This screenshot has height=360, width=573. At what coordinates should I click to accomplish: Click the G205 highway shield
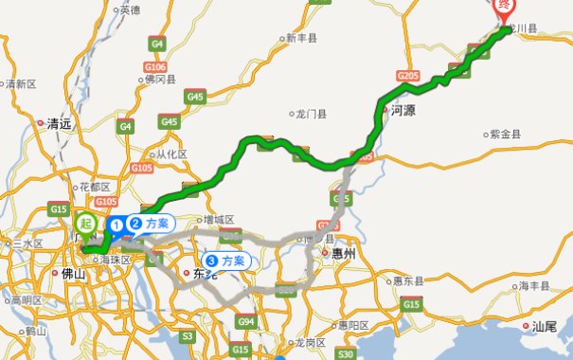[x=409, y=75]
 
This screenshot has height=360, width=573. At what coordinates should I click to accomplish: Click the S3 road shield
[x=188, y=334]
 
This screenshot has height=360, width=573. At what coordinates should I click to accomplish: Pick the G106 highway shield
[x=154, y=65]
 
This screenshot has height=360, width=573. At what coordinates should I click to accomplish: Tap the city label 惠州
[x=336, y=254]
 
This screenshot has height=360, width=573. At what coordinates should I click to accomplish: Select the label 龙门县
[x=310, y=114]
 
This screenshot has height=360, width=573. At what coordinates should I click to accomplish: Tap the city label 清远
[x=61, y=123]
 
